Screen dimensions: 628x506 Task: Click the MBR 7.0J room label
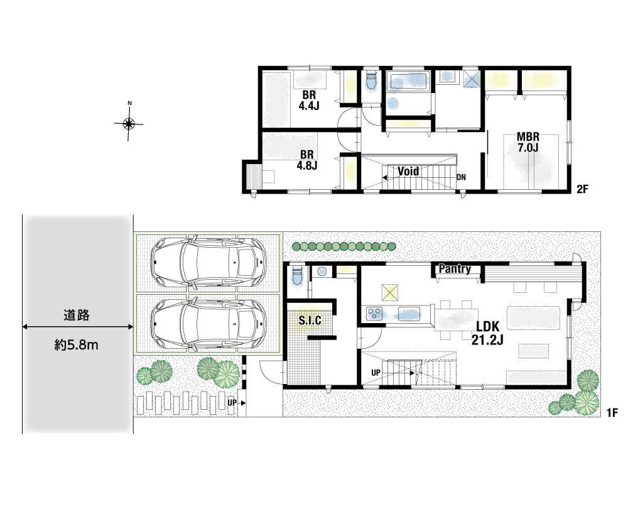[528, 142]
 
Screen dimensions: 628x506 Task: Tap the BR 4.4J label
[309, 100]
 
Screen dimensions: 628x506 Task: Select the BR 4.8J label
[307, 160]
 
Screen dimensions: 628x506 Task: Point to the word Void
[408, 171]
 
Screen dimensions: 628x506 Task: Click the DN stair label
[461, 177]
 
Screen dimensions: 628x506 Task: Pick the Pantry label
[455, 268]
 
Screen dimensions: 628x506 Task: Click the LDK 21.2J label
[487, 333]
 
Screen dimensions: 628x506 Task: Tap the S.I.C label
[310, 320]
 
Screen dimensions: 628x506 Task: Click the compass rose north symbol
[129, 123]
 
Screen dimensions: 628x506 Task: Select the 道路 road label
[77, 316]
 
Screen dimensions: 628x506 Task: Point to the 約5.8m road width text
[77, 345]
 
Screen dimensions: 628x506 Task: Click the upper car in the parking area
[208, 262]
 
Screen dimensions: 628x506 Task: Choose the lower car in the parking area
[208, 322]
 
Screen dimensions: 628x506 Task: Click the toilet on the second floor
[371, 82]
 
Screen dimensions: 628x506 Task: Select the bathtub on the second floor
[408, 82]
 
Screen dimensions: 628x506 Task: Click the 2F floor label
[582, 189]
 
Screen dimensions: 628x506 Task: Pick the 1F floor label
[612, 412]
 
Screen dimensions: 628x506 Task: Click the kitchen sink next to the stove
[409, 314]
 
